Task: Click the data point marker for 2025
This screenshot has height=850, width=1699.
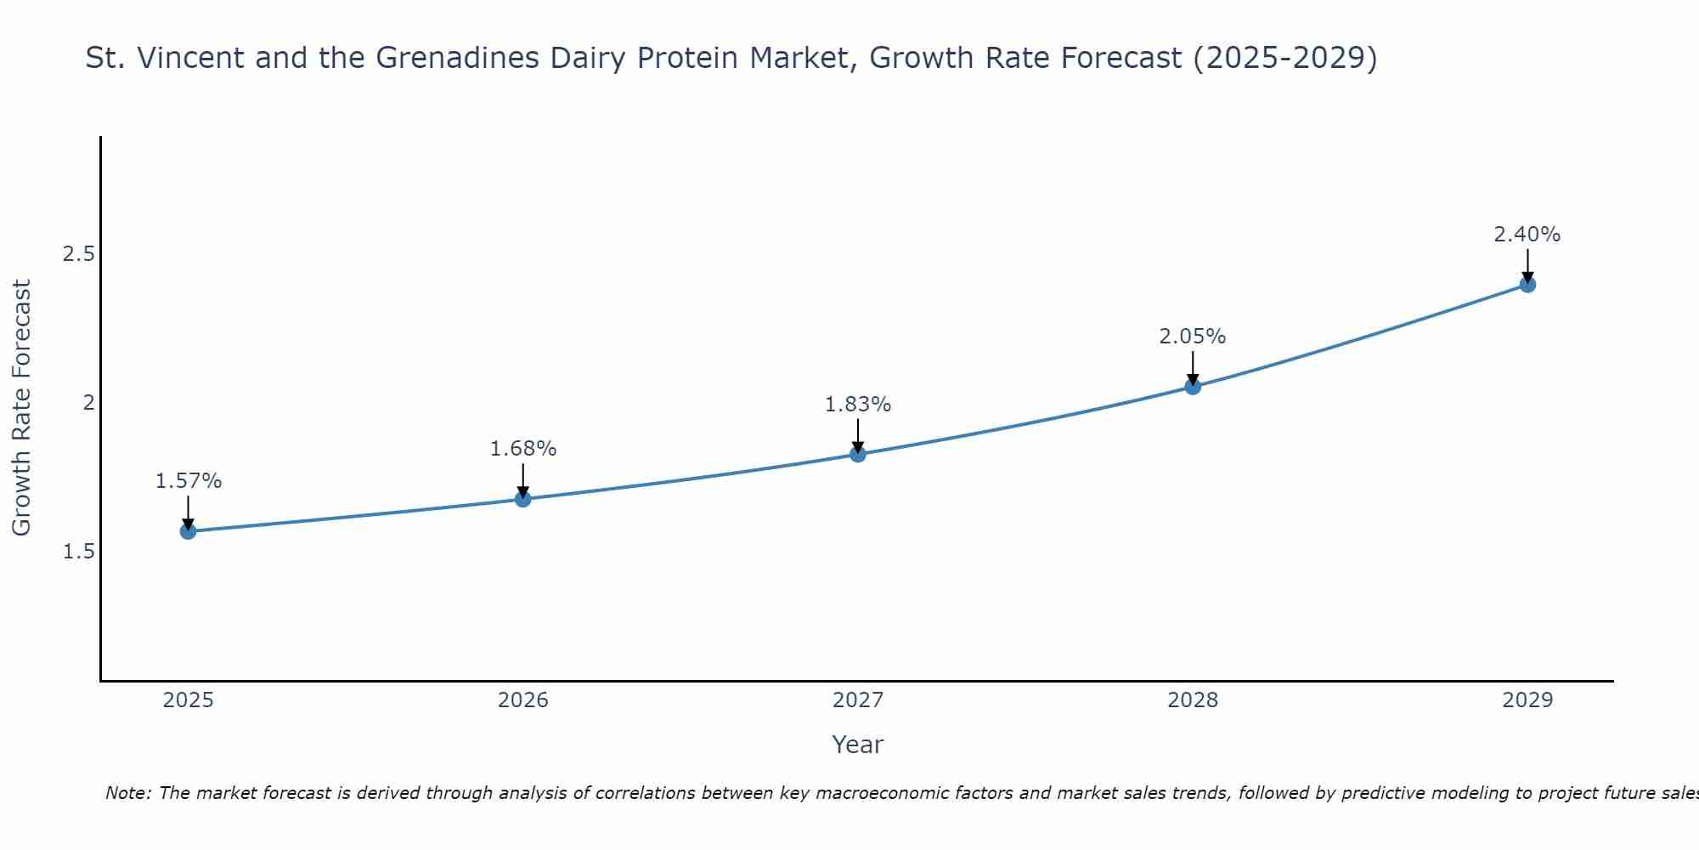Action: tap(188, 531)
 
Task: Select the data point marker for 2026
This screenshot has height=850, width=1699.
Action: tap(523, 499)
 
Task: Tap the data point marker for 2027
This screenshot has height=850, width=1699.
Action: tap(858, 454)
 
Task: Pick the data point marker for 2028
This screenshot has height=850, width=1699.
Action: tap(1193, 387)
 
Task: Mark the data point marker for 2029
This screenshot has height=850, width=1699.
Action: tap(1527, 284)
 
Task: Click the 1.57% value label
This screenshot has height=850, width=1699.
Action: tap(188, 481)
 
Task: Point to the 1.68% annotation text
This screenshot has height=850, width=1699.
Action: tap(523, 449)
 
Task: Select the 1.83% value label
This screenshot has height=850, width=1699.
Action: tap(858, 405)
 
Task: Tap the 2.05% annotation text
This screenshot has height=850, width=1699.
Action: tap(1193, 337)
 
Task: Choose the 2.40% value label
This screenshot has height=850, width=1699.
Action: tap(1527, 235)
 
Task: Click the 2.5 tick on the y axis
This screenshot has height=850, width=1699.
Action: tap(78, 254)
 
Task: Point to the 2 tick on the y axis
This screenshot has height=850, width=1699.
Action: tap(88, 403)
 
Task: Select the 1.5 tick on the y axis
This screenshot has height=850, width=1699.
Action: tap(78, 552)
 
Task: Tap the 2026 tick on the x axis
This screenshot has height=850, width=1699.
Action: tap(523, 700)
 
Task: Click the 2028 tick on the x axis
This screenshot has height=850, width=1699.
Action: tap(1193, 700)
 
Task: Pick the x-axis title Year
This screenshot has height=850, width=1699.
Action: tap(858, 745)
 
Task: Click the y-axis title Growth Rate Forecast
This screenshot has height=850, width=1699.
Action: tap(21, 408)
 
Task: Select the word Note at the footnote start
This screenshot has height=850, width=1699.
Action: tap(127, 793)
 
